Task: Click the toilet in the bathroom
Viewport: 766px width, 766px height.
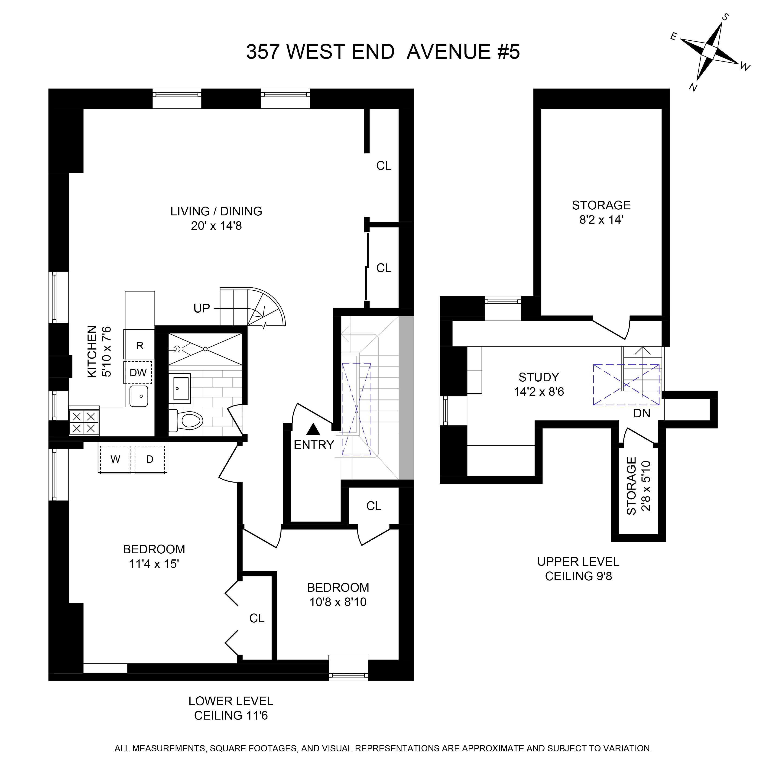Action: [187, 420]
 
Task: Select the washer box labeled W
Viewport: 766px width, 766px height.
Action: [115, 459]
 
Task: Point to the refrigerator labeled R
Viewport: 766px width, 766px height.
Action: [140, 345]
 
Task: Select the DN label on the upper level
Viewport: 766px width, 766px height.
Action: [642, 414]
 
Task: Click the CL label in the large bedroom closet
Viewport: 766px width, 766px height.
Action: [256, 618]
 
